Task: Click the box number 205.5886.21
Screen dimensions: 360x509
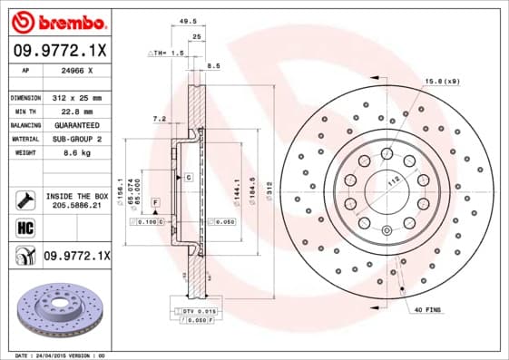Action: (x=76, y=206)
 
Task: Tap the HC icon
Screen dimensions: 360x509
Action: (x=24, y=227)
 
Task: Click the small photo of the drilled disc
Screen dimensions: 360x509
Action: (x=61, y=306)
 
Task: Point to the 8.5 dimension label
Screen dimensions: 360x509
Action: (x=214, y=66)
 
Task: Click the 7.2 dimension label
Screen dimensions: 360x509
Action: (x=160, y=118)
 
